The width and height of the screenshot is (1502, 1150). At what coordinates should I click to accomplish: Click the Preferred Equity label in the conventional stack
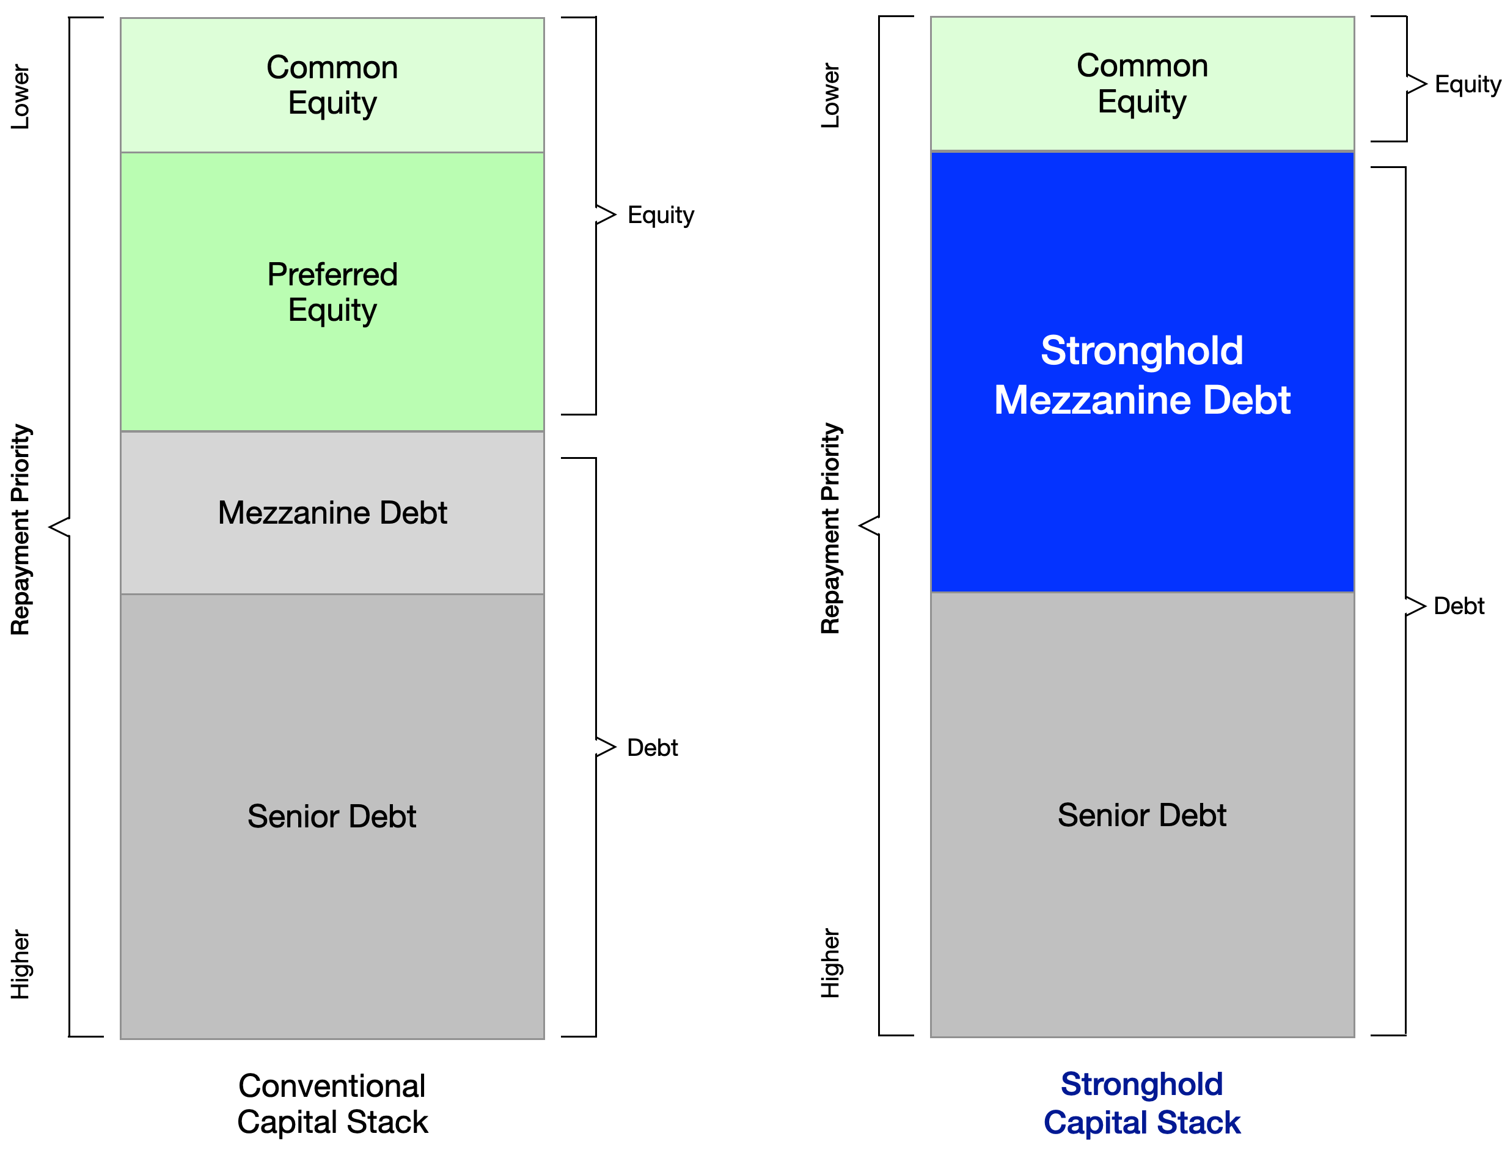tap(332, 292)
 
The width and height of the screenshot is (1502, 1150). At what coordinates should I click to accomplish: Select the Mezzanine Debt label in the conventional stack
tap(332, 513)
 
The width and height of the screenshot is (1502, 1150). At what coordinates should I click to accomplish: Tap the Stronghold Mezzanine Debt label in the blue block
tap(1142, 375)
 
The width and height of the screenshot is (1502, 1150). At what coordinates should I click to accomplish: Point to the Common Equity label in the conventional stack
tap(332, 85)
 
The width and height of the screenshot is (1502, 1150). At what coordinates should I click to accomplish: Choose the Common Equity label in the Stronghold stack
tap(1142, 84)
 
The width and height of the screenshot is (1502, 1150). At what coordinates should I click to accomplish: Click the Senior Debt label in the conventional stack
tap(332, 816)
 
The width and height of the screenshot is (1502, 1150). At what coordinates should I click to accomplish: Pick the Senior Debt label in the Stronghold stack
tap(1142, 815)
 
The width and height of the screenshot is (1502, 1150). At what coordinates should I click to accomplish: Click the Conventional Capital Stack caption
tap(332, 1104)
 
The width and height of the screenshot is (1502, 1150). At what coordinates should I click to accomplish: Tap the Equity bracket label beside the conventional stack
tap(661, 215)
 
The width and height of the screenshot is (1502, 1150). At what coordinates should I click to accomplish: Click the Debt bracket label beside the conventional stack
tap(653, 747)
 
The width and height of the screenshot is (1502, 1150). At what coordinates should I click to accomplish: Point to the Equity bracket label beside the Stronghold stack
tap(1467, 84)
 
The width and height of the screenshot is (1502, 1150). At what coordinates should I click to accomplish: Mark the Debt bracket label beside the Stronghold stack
tap(1459, 606)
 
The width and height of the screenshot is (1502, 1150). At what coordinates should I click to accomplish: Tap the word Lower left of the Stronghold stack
tap(830, 95)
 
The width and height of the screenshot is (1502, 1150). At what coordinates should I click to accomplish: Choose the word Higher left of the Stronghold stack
tap(830, 962)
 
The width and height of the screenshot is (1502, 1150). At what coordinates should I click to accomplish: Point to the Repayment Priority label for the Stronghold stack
tap(830, 528)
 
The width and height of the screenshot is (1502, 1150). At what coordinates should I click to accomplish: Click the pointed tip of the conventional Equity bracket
tap(615, 214)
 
